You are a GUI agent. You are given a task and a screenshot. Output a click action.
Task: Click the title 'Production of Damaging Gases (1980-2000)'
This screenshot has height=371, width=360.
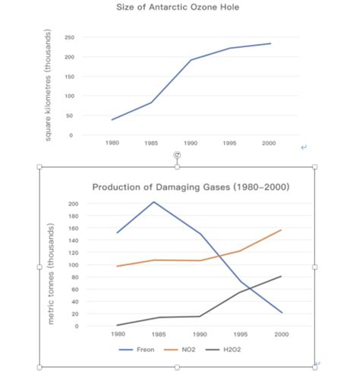click(x=190, y=187)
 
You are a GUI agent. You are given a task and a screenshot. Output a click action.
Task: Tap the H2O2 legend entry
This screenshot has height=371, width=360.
click(x=232, y=349)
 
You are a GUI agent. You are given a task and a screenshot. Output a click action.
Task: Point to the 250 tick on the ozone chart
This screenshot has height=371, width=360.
click(x=69, y=37)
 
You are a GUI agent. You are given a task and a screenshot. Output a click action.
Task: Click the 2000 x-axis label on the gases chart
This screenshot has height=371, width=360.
click(x=282, y=334)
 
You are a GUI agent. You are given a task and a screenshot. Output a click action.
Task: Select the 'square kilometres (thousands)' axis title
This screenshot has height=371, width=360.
click(x=49, y=85)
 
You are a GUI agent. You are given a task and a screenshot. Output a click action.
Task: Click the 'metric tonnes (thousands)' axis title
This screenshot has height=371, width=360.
click(x=51, y=274)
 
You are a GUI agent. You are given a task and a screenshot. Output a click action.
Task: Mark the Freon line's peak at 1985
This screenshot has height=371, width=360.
click(x=154, y=202)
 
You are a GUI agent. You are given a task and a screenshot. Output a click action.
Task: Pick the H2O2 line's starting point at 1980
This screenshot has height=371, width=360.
click(x=117, y=325)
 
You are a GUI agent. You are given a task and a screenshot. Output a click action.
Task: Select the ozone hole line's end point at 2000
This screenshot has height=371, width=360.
click(x=270, y=43)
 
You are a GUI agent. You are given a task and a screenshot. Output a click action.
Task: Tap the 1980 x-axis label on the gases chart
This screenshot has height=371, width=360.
click(x=117, y=334)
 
